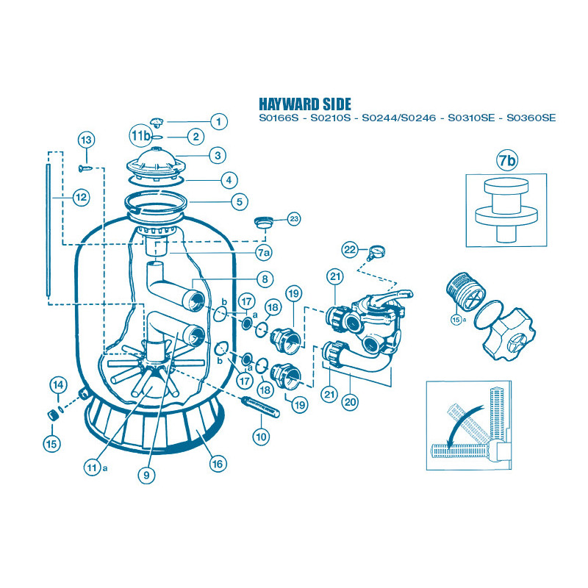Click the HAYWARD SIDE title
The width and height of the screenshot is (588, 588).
point(305,104)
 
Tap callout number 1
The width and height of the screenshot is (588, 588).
point(218,121)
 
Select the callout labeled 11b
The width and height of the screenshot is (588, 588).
point(140,136)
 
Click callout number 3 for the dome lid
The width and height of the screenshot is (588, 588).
point(218,155)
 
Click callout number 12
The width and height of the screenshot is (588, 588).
point(81,197)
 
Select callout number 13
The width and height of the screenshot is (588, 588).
point(86,140)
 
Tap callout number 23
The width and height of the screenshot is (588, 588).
point(293,219)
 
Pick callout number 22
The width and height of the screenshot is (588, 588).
point(351,250)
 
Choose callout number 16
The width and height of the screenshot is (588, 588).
point(218,464)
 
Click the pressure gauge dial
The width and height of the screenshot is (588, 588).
point(377,250)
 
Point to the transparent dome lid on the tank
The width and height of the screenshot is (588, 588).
point(159,161)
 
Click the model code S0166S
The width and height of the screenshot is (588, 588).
point(279,118)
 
